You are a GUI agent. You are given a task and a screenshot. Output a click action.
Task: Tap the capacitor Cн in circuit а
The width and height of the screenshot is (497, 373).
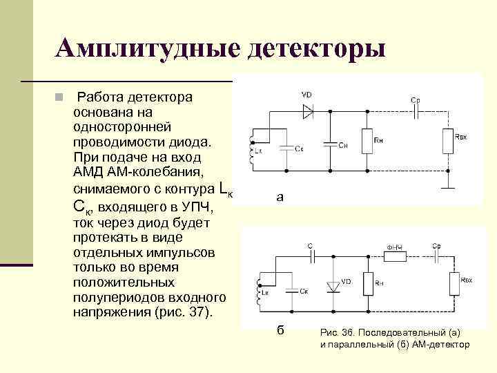[331, 145]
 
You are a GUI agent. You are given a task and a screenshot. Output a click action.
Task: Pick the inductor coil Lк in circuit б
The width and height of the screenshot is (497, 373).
[257, 291]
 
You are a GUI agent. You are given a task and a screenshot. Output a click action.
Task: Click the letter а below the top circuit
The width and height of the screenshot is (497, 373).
[279, 198]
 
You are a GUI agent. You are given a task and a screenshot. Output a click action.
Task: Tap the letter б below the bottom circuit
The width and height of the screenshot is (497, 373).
[280, 329]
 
